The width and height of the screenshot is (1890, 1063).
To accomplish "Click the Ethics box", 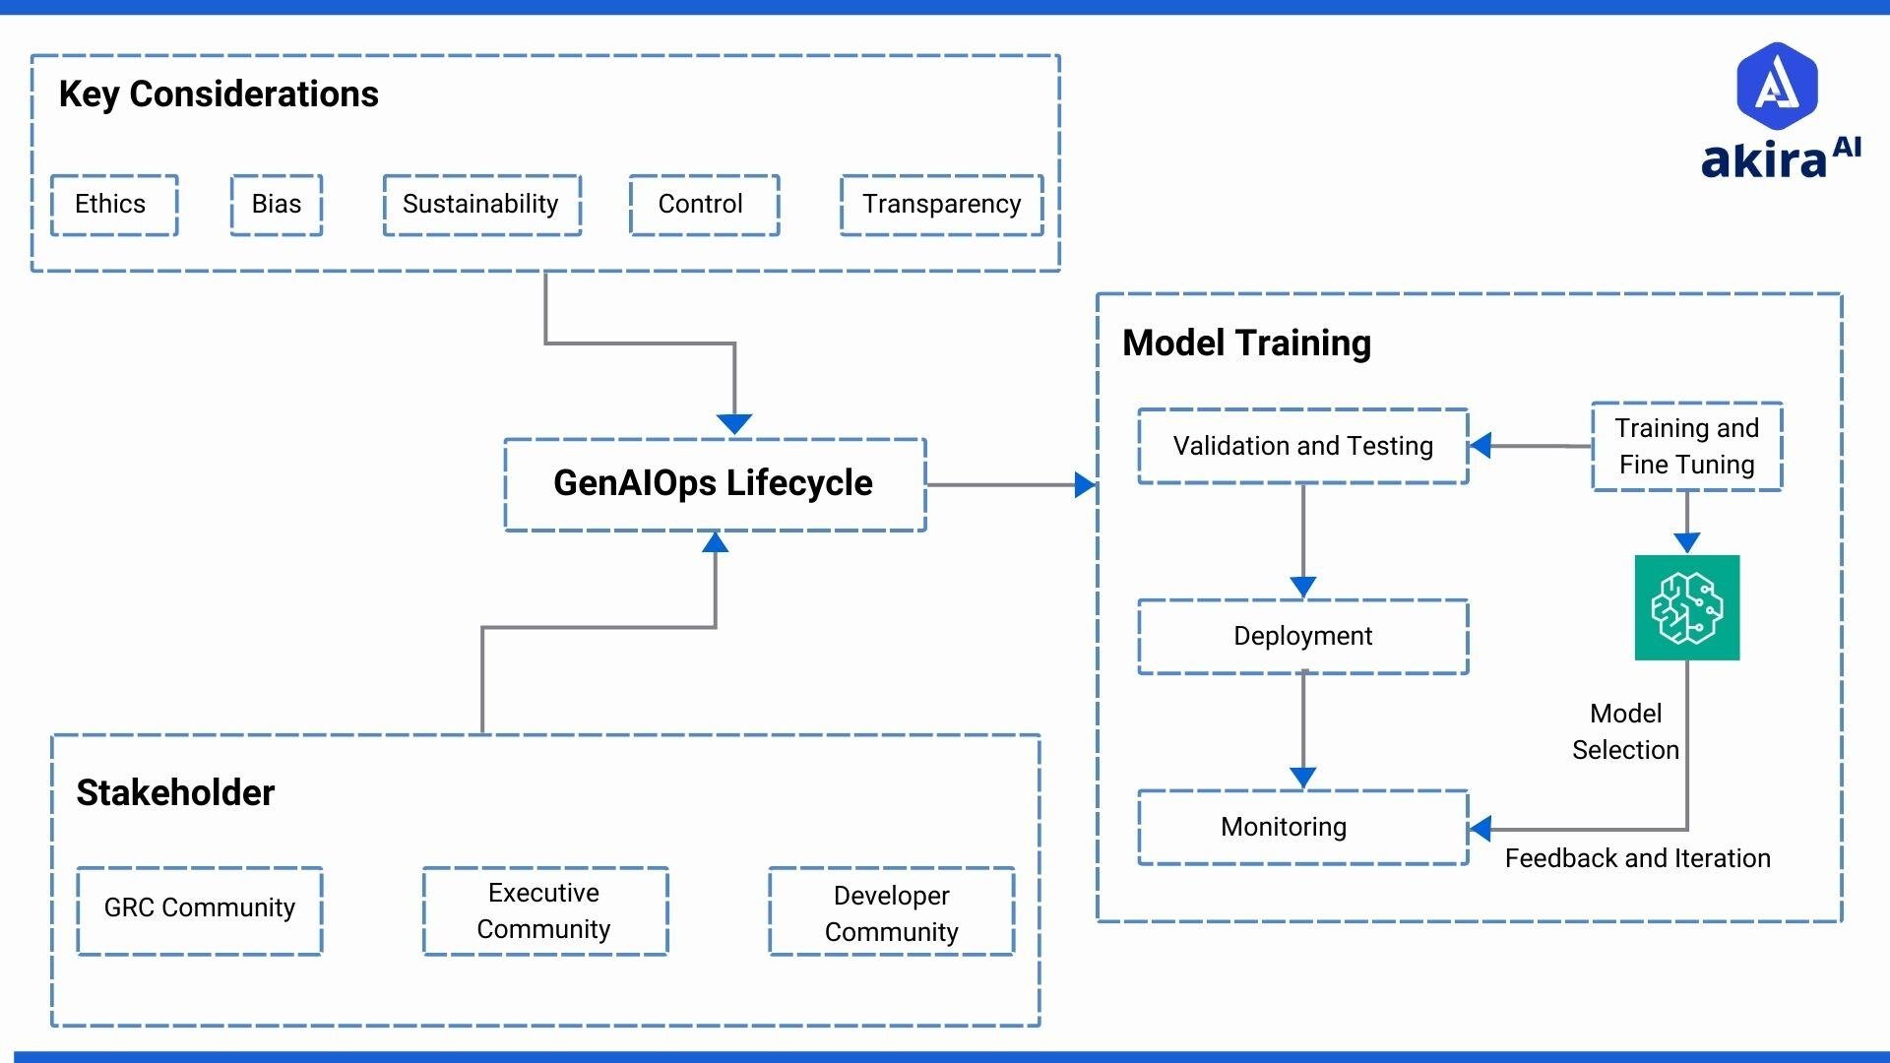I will click(x=114, y=205).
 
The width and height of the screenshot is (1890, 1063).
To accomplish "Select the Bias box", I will click(x=277, y=205).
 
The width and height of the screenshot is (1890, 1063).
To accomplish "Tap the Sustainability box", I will click(x=481, y=205).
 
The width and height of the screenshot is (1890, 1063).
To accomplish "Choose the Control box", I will click(x=704, y=205).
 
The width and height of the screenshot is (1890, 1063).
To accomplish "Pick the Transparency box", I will click(x=941, y=205).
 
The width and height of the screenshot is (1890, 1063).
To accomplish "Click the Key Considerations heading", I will click(x=219, y=94).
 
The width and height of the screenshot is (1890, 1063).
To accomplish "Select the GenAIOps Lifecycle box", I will click(x=715, y=484).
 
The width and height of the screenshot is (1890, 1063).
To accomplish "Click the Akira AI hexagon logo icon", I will click(x=1777, y=87).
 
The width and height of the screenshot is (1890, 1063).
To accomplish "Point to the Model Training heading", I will click(x=1246, y=344).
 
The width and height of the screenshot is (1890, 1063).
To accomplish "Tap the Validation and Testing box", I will click(x=1302, y=447).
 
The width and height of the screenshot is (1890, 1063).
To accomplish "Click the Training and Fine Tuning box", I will click(x=1686, y=447).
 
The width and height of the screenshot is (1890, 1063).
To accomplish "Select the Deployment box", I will click(x=1302, y=637).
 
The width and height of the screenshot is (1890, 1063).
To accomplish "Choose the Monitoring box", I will click(x=1302, y=828).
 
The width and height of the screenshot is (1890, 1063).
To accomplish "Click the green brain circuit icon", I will click(x=1686, y=607).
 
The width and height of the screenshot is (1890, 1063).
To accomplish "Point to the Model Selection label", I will click(x=1625, y=732).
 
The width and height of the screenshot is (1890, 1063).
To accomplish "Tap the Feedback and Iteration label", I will click(x=1637, y=858).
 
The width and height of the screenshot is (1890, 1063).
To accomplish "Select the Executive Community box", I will click(x=544, y=911).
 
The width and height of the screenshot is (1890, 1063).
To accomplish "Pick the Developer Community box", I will click(x=891, y=913).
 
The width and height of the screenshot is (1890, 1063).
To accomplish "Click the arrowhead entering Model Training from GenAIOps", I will click(x=1085, y=485).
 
